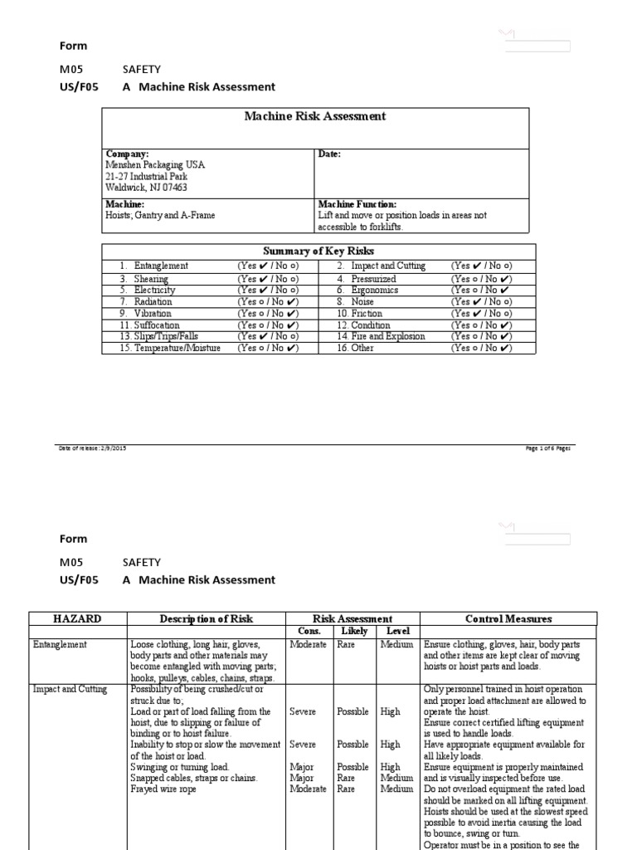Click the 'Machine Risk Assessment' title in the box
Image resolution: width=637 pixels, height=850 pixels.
click(x=314, y=117)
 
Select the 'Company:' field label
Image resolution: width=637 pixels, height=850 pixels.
click(x=127, y=154)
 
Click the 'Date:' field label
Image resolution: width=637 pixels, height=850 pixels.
click(x=329, y=154)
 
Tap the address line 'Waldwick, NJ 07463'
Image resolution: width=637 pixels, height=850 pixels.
click(x=146, y=188)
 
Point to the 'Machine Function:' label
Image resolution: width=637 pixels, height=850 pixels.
click(x=357, y=204)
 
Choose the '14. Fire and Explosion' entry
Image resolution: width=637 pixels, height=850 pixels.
click(x=381, y=337)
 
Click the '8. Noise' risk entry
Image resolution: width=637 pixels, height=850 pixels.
click(x=356, y=302)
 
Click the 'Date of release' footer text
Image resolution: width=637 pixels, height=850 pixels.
click(x=87, y=448)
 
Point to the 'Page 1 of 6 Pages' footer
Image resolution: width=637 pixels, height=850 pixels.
click(x=547, y=448)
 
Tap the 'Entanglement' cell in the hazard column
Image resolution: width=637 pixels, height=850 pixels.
click(x=61, y=644)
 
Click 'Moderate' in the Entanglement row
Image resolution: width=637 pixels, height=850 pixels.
click(x=308, y=644)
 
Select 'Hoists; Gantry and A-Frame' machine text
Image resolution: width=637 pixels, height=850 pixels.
click(x=160, y=216)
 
